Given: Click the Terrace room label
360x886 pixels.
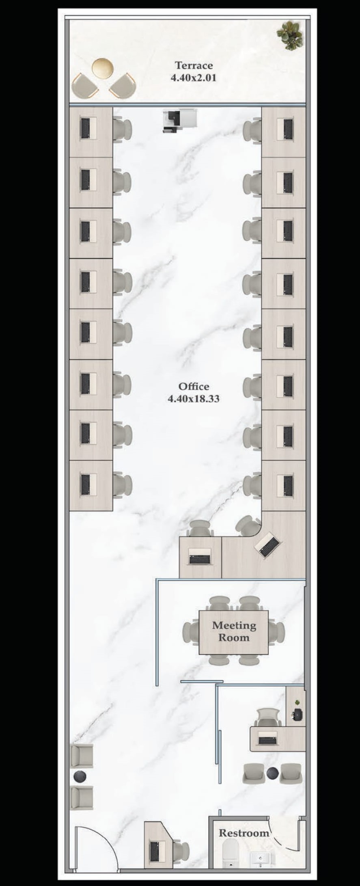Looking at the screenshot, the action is tap(194, 65).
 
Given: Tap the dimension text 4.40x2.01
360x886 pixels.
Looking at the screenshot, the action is tap(194, 78).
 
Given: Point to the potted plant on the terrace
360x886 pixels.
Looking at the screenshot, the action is tap(290, 35).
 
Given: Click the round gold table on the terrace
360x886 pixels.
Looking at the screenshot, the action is tap(102, 68).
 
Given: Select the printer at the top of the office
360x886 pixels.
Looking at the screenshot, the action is tap(180, 121).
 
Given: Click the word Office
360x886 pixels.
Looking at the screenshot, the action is tap(194, 386).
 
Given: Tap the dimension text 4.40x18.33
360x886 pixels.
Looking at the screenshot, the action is tap(194, 399).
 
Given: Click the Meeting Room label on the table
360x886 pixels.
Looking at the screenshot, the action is tap(234, 631).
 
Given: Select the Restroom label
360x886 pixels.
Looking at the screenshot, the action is tap(244, 833).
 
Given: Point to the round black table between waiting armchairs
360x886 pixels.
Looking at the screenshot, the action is tap(80, 776).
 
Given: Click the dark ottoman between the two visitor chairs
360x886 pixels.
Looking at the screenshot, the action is tap(272, 773).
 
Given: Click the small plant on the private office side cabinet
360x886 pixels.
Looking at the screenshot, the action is tap(297, 702).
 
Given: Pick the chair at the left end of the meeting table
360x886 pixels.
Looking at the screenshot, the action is tap(190, 632).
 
